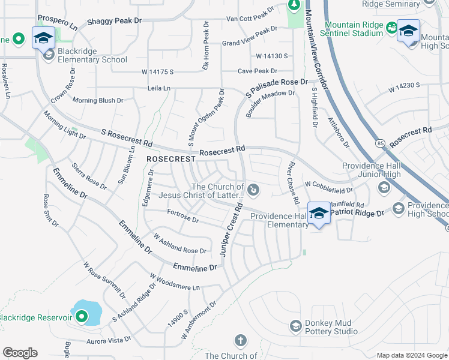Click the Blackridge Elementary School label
[x=92, y=59]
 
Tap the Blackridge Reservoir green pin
[x=81, y=316]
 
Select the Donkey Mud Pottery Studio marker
[x=295, y=326]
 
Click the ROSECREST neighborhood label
[x=170, y=160]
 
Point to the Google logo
[x=20, y=353]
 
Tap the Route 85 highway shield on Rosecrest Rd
[x=381, y=143]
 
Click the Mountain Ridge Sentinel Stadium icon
[x=391, y=28]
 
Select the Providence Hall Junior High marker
[x=384, y=188]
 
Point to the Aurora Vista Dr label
[x=110, y=340]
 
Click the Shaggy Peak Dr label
[x=114, y=20]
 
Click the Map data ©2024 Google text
[x=412, y=355]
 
